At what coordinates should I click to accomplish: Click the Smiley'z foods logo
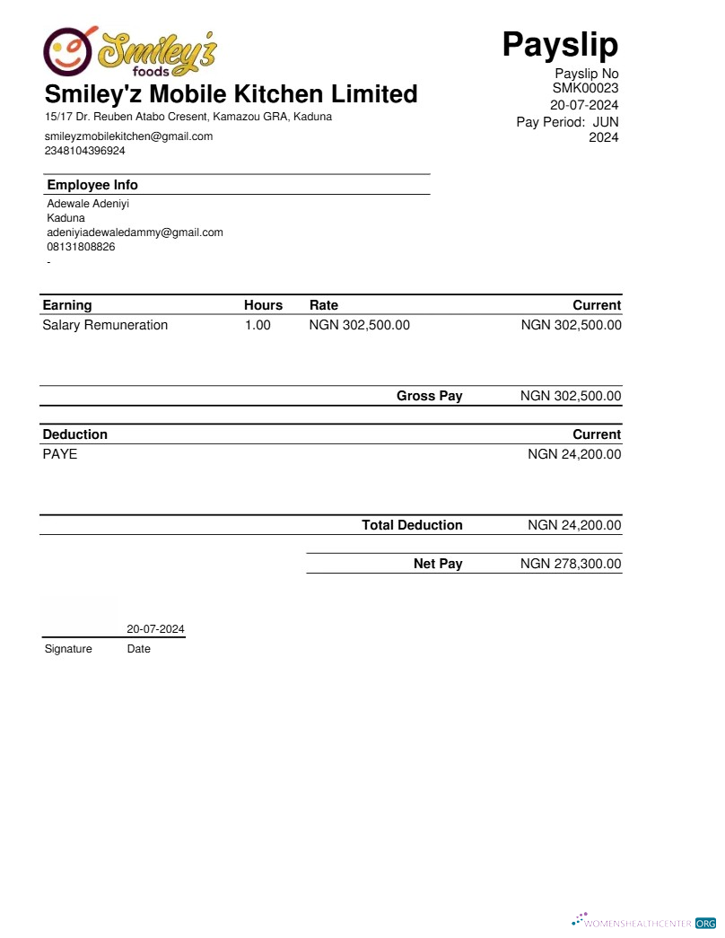pos(131,51)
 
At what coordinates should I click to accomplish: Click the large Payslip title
pos(560,43)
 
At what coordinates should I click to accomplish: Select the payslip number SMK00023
pos(585,88)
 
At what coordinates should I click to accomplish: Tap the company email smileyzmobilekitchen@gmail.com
pos(128,136)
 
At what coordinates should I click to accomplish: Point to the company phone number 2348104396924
pos(85,151)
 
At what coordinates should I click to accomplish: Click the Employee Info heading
pos(92,185)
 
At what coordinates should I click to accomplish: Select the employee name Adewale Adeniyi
pos(88,204)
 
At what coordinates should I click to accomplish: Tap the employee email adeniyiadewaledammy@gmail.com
pos(135,232)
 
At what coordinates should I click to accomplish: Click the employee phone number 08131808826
pos(81,247)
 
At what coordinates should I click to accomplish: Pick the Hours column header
pos(263,305)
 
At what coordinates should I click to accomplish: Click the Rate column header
pos(323,305)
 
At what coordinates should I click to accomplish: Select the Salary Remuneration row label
pos(105,325)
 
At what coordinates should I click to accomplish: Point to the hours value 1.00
pos(258,325)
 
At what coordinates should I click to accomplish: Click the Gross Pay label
pos(429,396)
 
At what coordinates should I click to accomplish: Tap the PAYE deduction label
pos(60,454)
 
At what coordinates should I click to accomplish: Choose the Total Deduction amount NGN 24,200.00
pos(574,525)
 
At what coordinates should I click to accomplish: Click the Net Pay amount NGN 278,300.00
pos(571,564)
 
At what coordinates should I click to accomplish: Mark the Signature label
pos(68,649)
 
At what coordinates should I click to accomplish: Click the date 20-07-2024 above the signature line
pos(155,629)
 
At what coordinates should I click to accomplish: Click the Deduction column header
pos(74,434)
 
